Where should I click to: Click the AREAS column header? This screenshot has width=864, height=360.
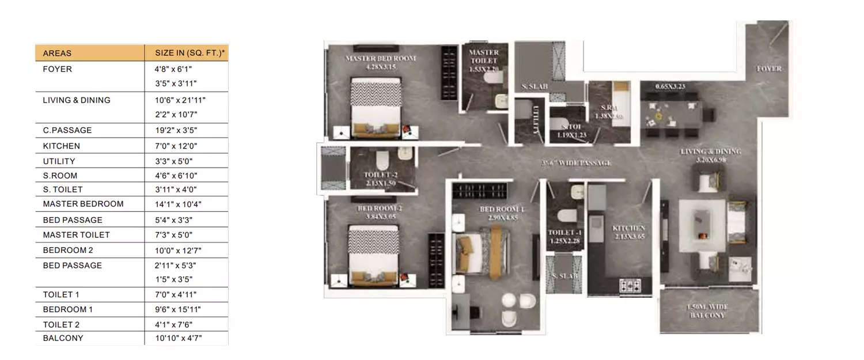tap(57, 53)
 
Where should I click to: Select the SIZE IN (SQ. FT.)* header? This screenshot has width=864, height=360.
tap(190, 53)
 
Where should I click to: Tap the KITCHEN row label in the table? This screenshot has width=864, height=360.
tap(61, 146)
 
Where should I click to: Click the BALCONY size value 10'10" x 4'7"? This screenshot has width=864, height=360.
tap(179, 338)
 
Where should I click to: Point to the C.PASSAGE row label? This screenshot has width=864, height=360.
tap(67, 130)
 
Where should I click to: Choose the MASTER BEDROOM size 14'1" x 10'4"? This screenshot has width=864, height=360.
tap(179, 204)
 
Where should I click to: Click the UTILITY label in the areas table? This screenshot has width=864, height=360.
tap(59, 161)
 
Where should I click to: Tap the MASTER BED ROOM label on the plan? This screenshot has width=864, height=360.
tap(380, 59)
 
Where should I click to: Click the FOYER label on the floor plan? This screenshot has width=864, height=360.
tap(769, 69)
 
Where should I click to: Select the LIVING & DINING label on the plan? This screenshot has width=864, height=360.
tap(710, 151)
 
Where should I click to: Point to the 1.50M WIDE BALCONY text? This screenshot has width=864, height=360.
tap(709, 312)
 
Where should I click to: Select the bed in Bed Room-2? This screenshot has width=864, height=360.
tap(373, 253)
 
